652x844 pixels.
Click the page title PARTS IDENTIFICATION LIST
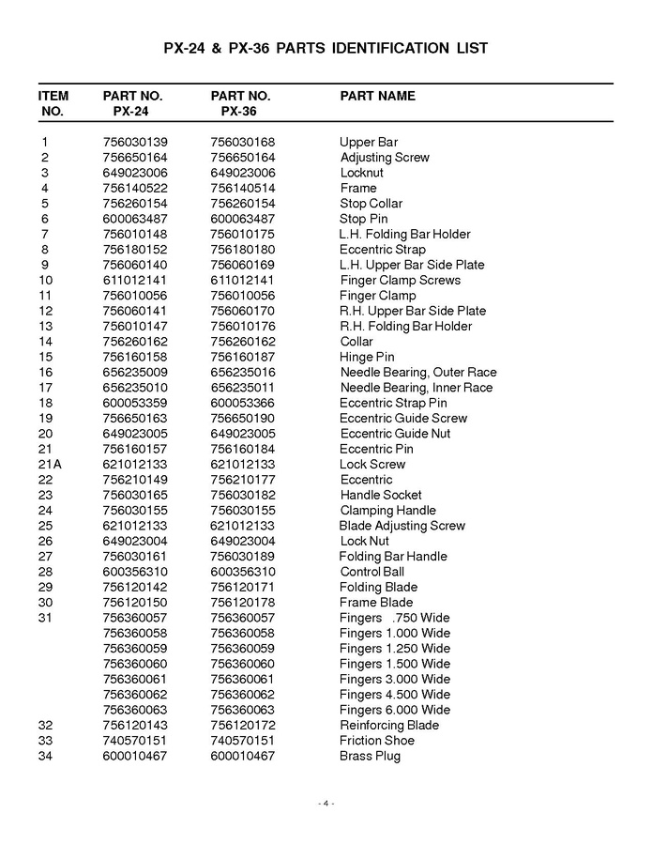coord(326,48)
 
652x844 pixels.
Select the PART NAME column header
coord(377,96)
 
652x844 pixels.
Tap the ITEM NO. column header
coord(53,103)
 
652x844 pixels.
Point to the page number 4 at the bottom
coord(326,803)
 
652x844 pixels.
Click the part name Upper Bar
coord(369,142)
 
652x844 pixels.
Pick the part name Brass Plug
coord(370,756)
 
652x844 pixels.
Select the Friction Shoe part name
coord(377,741)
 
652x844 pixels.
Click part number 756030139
coord(134,142)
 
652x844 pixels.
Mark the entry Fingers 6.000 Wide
coord(395,710)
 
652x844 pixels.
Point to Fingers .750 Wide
coord(395,618)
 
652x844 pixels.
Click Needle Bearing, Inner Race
coord(416,388)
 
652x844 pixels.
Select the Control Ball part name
coord(371,572)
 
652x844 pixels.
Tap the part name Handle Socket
coord(381,495)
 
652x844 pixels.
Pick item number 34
coord(45,756)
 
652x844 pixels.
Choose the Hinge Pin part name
coord(367,357)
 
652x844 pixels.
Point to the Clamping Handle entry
coord(387,510)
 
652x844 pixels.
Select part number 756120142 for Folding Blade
coord(134,587)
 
